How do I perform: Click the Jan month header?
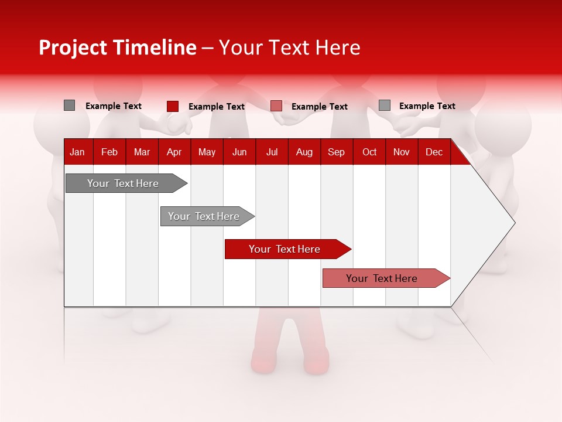pos(77,152)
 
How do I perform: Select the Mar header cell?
pos(142,152)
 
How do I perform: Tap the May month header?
pos(207,152)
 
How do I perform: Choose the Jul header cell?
pos(272,152)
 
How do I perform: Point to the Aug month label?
pos(304,152)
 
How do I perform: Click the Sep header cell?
pos(336,152)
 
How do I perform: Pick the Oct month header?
pos(369,152)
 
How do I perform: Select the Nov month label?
pos(402,152)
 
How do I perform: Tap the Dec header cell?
pos(434,152)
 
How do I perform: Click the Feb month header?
pos(109,152)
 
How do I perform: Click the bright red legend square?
pos(172,106)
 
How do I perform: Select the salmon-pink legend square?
pos(276,106)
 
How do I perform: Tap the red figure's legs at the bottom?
pos(290,346)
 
